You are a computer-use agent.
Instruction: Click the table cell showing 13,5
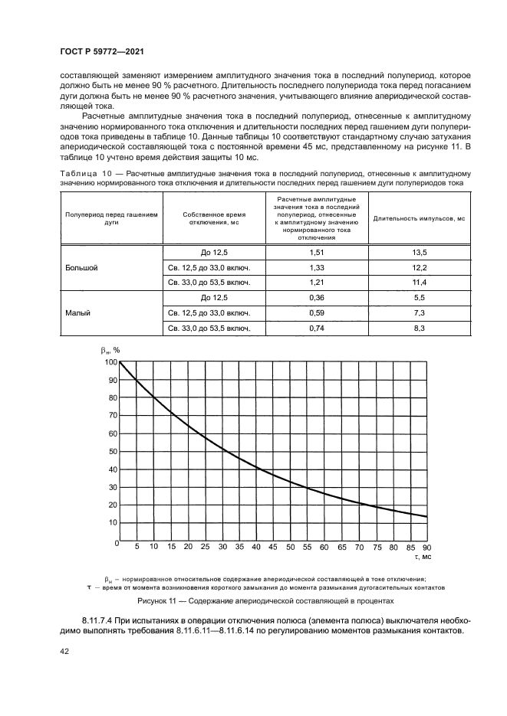[420, 252]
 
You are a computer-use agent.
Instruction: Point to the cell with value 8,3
[420, 329]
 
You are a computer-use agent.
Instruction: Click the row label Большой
[81, 267]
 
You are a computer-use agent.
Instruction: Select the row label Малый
[77, 313]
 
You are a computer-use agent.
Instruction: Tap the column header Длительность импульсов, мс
[420, 218]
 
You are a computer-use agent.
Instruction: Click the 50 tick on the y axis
[111, 451]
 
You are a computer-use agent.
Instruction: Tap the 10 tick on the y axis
[111, 522]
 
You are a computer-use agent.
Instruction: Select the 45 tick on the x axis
[273, 548]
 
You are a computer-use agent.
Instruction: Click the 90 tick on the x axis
[426, 548]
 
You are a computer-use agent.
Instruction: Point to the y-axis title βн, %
[111, 350]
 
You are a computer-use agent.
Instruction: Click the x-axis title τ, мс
[423, 558]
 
